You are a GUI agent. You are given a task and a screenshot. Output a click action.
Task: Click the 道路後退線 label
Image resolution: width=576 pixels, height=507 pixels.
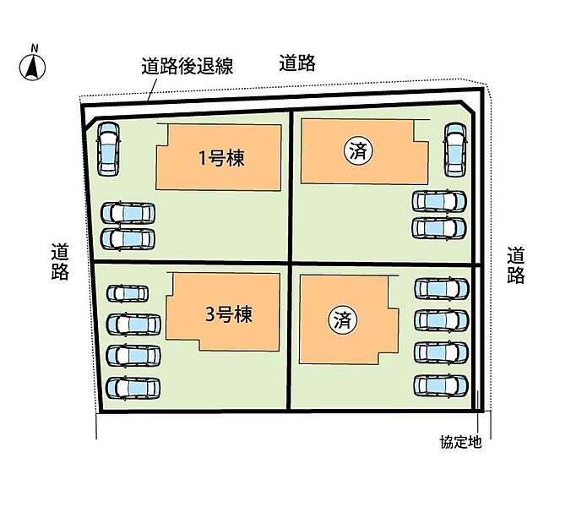pos(187,64)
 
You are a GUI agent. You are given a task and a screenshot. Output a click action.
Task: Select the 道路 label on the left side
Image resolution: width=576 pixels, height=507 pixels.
pos(59,261)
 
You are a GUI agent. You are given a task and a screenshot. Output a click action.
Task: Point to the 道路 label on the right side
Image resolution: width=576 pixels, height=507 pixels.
pos(516,264)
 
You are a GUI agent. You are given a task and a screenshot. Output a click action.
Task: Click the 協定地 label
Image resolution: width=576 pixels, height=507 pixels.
pos(460,443)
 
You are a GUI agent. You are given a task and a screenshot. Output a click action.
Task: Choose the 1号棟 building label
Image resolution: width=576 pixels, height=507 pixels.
pos(221,157)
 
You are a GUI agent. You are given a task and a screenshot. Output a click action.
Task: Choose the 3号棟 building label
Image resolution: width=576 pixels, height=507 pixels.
pos(229,315)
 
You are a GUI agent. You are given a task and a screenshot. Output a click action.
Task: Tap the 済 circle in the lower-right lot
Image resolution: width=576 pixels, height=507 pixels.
pos(342,320)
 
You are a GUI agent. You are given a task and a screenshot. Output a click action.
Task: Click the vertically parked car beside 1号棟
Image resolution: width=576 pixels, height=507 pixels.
pos(109,149)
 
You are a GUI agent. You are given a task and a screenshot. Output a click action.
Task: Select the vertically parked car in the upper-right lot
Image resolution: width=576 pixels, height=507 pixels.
pos(455,150)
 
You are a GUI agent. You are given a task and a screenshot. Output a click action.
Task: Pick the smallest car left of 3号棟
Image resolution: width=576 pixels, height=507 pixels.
pos(128,294)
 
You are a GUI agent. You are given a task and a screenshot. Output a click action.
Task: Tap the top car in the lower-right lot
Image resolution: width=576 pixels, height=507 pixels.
pos(441,289)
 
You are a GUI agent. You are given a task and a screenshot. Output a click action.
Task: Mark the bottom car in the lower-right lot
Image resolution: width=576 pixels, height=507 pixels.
pos(441,385)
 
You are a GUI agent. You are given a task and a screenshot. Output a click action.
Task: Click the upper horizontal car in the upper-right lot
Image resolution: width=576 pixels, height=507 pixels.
pos(439,201)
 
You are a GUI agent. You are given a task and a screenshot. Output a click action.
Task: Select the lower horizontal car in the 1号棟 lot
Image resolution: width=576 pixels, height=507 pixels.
pos(128,238)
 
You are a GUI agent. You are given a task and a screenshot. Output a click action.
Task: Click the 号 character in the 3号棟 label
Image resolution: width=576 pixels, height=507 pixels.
pos(227,315)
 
